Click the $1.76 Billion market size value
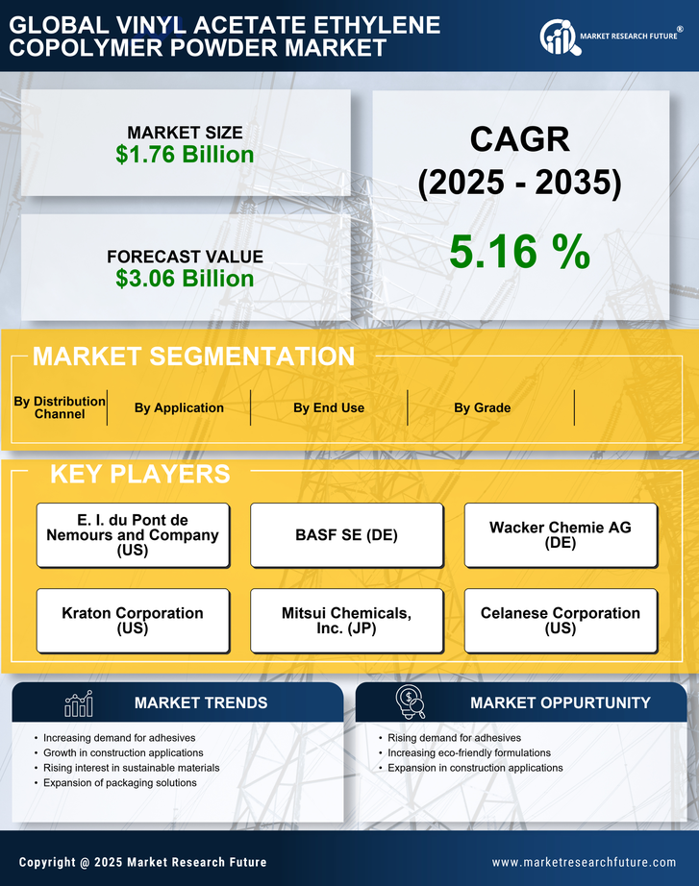pos(185,155)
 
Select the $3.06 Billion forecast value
pos(185,279)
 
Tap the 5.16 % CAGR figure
pos(519,252)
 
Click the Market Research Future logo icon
pos(558,37)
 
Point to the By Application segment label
pos(179,407)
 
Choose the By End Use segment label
pos(329,407)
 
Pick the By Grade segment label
pos(483,407)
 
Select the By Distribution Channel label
pos(60,407)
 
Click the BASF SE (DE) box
pos(346,535)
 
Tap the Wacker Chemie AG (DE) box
pos(561,535)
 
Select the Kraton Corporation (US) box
pos(133,621)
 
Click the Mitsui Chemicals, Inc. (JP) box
pos(346,621)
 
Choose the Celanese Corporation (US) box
pos(561,621)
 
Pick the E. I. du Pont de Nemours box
pos(133,535)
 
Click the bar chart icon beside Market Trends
pos(79,703)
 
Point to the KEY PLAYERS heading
pos(139,474)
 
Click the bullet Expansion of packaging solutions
pos(120,783)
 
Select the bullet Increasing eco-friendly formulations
pos(469,752)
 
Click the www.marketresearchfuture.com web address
pos(584,862)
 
